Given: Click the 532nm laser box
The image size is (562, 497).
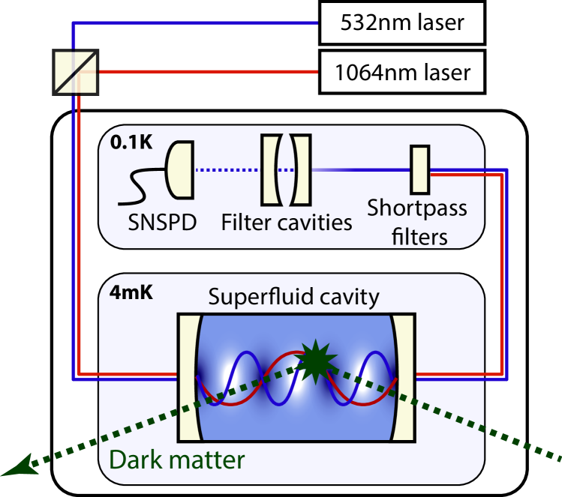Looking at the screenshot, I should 401,23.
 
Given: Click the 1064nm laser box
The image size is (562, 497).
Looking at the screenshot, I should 401,72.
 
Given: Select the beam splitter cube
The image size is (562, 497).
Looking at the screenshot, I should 76,72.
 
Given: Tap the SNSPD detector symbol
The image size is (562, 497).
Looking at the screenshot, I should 178,170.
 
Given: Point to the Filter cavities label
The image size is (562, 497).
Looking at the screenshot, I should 287,223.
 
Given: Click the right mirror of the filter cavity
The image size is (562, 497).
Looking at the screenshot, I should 301,170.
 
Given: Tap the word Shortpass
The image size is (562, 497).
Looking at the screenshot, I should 416,208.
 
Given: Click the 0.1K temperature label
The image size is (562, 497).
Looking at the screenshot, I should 131,141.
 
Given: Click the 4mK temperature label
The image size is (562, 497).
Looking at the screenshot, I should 132,291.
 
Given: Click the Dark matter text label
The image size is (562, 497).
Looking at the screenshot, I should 177,459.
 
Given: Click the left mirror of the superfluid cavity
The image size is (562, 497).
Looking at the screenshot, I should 187,376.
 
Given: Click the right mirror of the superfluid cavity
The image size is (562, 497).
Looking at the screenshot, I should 403,376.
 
